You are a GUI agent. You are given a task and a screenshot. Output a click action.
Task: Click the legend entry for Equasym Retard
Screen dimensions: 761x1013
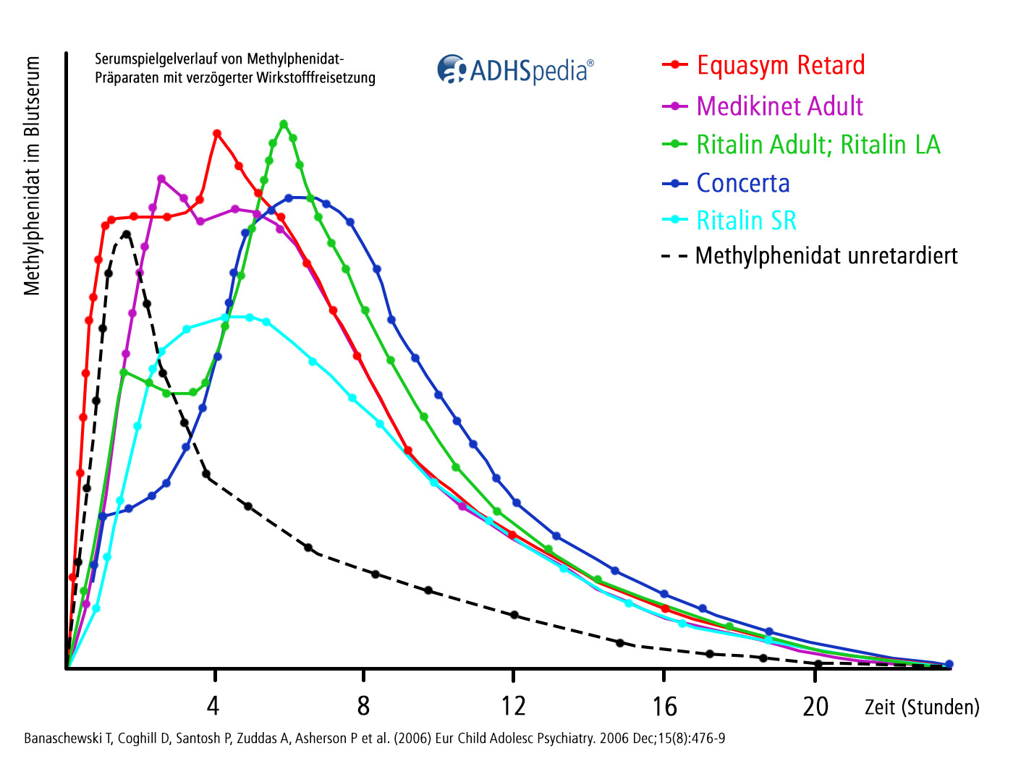click(780, 65)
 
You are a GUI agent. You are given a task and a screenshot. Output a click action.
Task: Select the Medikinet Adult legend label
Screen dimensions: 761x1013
click(779, 106)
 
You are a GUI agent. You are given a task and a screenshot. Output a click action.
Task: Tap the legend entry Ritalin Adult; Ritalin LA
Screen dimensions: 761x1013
click(818, 145)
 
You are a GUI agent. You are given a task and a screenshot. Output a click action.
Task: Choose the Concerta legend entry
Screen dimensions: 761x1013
click(742, 184)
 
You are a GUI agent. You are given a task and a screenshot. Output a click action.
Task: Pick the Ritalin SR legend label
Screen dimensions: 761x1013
click(746, 221)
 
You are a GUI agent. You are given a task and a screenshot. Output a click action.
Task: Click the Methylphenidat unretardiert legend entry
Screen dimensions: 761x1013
click(826, 256)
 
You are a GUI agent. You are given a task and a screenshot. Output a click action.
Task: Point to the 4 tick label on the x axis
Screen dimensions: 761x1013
click(213, 706)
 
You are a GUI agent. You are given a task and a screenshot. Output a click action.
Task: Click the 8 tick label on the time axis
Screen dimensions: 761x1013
click(363, 706)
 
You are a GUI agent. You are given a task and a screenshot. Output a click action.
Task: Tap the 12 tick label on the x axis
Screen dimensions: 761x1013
click(514, 706)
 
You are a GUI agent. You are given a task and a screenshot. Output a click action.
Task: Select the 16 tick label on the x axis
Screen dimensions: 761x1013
click(664, 706)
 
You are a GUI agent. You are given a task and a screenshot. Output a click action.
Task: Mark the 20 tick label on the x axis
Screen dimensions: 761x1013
click(815, 706)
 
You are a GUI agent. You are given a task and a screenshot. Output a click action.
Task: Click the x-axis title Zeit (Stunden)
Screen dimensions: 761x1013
click(922, 707)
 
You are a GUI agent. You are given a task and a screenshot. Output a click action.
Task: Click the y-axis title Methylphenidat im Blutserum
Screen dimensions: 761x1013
click(32, 177)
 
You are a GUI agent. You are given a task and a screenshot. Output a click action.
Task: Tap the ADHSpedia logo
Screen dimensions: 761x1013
click(515, 70)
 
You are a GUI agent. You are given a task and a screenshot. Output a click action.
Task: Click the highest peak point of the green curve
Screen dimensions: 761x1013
click(284, 124)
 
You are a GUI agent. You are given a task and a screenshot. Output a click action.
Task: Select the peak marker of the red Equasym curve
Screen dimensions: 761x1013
click(217, 133)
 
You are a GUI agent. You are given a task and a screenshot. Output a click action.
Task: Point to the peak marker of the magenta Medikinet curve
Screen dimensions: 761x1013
click(161, 179)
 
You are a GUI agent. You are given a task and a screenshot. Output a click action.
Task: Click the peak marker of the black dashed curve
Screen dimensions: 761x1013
click(127, 234)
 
